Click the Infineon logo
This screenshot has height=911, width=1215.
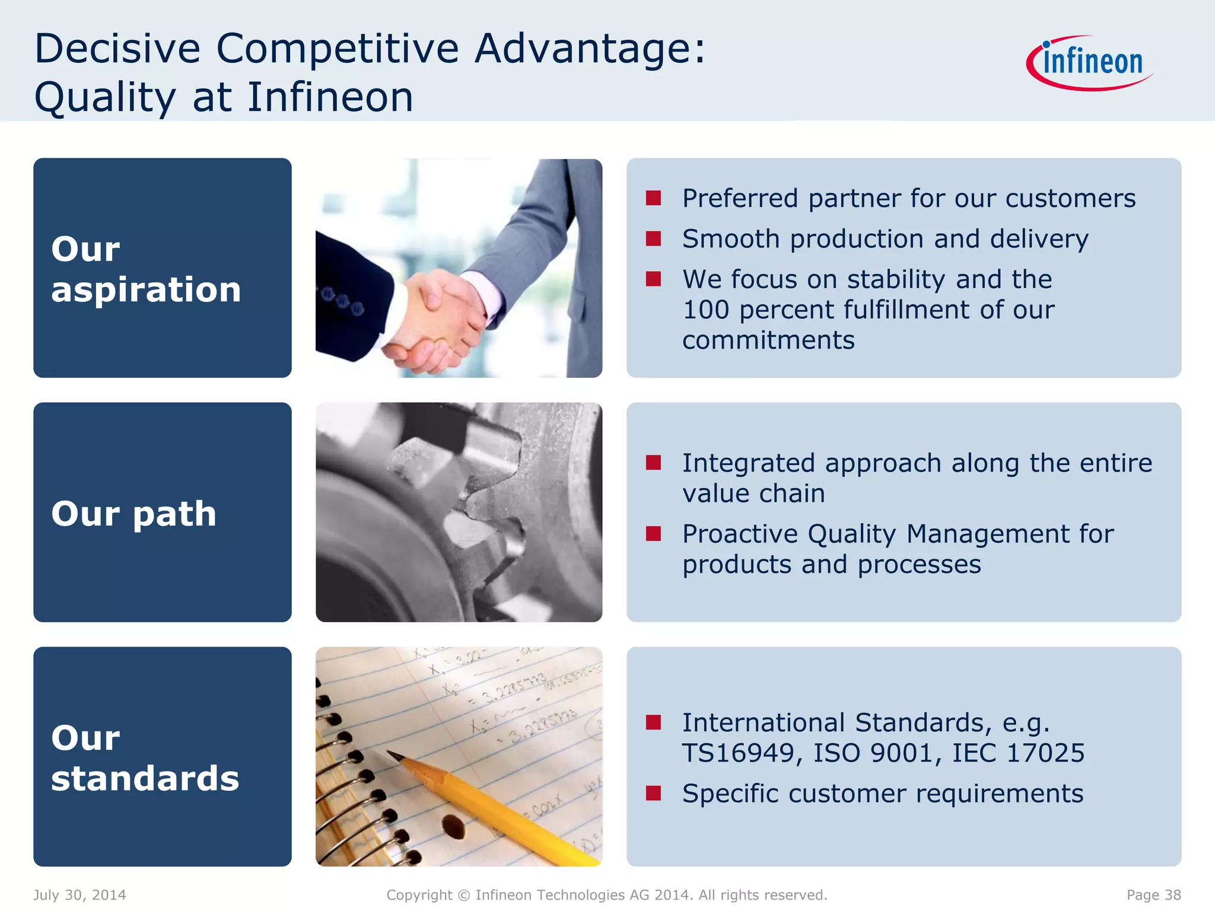1090,63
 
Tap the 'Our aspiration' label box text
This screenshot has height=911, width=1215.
146,269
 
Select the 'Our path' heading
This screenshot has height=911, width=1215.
134,513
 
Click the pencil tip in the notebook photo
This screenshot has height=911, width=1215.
392,754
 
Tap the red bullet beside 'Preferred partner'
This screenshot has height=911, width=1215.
653,198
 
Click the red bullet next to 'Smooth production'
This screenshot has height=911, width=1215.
653,238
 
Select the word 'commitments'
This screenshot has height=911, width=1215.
768,340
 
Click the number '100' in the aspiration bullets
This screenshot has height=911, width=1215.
705,310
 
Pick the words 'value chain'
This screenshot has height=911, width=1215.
753,493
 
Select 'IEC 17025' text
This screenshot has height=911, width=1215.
1018,753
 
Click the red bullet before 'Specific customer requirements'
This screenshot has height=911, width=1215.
653,794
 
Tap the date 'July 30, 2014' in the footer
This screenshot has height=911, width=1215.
79,895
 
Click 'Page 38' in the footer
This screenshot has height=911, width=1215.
1153,895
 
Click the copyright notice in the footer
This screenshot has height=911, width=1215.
607,895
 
